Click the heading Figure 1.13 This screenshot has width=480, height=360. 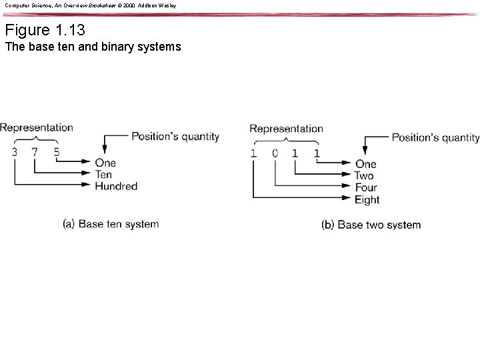pyautogui.click(x=45, y=30)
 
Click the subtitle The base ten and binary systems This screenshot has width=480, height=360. pyautogui.click(x=92, y=47)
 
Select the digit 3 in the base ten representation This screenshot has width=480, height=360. pyautogui.click(x=15, y=152)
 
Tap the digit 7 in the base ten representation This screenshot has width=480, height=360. pyautogui.click(x=35, y=152)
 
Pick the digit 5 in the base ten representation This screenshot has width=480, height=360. pyautogui.click(x=57, y=152)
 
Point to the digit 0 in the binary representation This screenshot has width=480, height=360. pyautogui.click(x=275, y=153)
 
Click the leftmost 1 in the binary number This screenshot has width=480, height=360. pyautogui.click(x=253, y=153)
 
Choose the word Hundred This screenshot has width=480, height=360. pyautogui.click(x=116, y=186)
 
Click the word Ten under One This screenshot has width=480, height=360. pyautogui.click(x=103, y=175)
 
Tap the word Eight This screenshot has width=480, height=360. pyautogui.click(x=367, y=199)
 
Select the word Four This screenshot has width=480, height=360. pyautogui.click(x=367, y=187)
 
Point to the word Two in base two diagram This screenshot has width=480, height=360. pyautogui.click(x=364, y=176)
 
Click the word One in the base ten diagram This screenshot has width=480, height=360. pyautogui.click(x=105, y=163)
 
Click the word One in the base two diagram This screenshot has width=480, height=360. pyautogui.click(x=365, y=164)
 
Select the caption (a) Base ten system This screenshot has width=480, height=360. pyautogui.click(x=111, y=224)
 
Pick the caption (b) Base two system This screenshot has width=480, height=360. pyautogui.click(x=371, y=225)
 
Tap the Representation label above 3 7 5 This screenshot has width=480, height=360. pyautogui.click(x=37, y=127)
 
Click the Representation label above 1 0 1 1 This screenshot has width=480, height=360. pyautogui.click(x=286, y=129)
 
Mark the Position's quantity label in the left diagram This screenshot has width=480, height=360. pyautogui.click(x=175, y=137)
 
